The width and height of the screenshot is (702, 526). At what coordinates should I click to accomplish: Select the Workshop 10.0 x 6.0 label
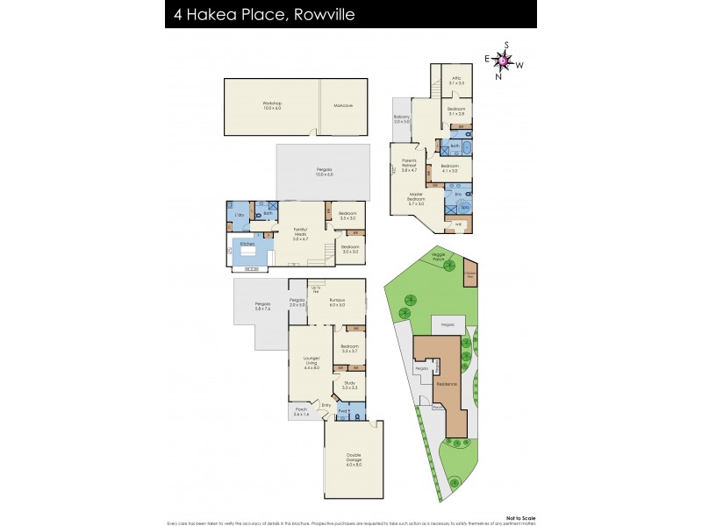pyautogui.click(x=272, y=105)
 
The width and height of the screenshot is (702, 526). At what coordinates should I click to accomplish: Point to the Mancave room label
pyautogui.click(x=343, y=105)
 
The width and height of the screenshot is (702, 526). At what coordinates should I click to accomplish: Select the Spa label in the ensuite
pyautogui.click(x=465, y=207)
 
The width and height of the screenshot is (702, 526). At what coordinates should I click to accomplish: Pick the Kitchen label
pyautogui.click(x=248, y=244)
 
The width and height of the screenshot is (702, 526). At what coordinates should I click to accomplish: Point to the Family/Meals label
pyautogui.click(x=300, y=235)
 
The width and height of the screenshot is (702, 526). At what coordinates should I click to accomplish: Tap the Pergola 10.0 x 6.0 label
pyautogui.click(x=325, y=172)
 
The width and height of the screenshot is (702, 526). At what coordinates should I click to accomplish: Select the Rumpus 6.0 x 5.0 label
pyautogui.click(x=337, y=302)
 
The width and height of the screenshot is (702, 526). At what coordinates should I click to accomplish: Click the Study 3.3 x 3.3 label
pyautogui.click(x=348, y=384)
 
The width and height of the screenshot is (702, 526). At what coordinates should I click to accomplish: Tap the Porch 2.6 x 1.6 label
pyautogui.click(x=301, y=410)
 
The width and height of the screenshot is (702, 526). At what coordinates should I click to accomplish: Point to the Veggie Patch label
pyautogui.click(x=440, y=256)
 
